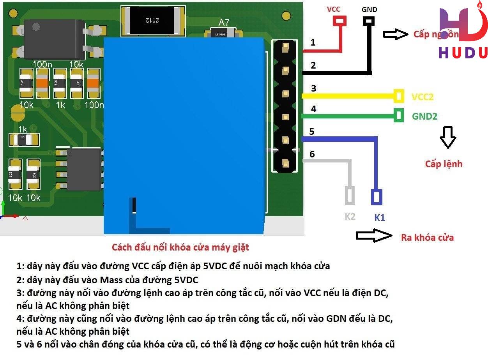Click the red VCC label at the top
pos(333,9)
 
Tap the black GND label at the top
pos(369,9)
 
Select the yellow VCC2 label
pos(422,97)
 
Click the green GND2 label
pos(424,116)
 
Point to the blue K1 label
pos(379,218)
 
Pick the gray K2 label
pos(350,217)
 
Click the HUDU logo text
pos(463,53)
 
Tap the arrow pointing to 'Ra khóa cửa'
pos(373,235)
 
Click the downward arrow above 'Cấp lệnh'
pos(447,137)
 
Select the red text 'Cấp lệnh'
pos(444,164)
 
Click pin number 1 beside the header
pos(313,42)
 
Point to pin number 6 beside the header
pos(312,154)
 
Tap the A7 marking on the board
pos(224,23)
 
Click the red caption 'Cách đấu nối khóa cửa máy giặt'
pos(180,247)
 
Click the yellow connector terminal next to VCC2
pos(399,96)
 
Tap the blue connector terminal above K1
pos(377,197)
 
